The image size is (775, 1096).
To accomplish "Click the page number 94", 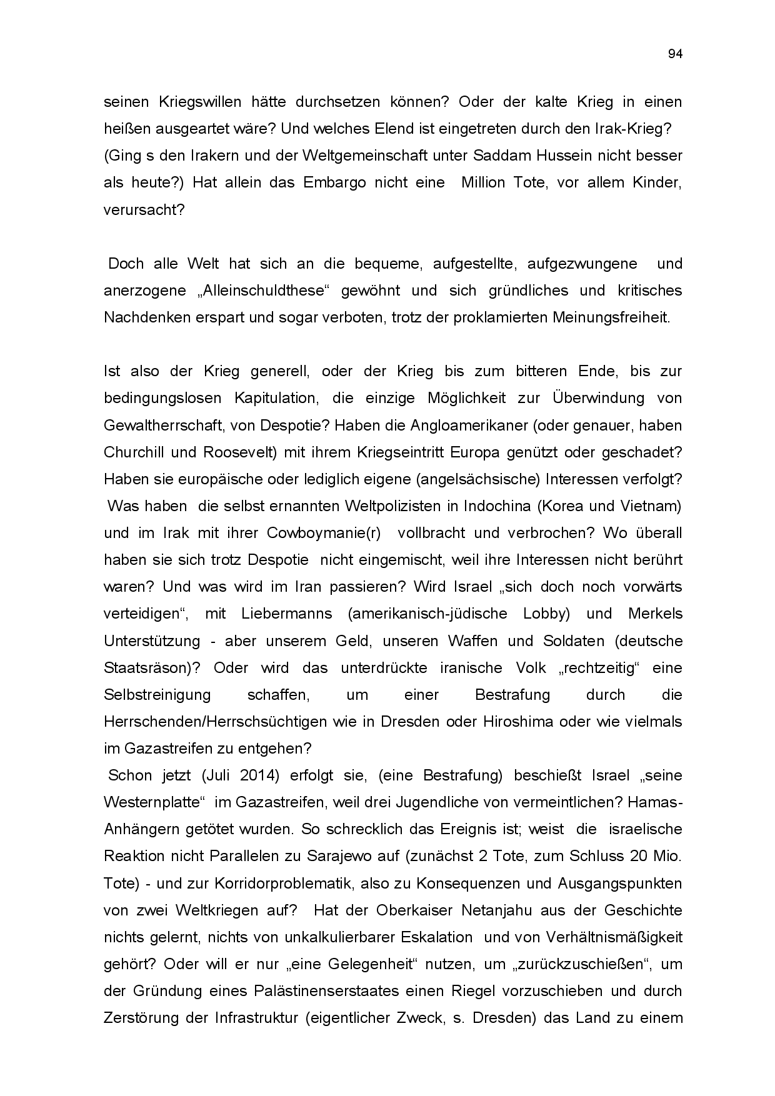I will point(675,54).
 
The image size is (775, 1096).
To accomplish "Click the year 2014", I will point(256,775).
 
